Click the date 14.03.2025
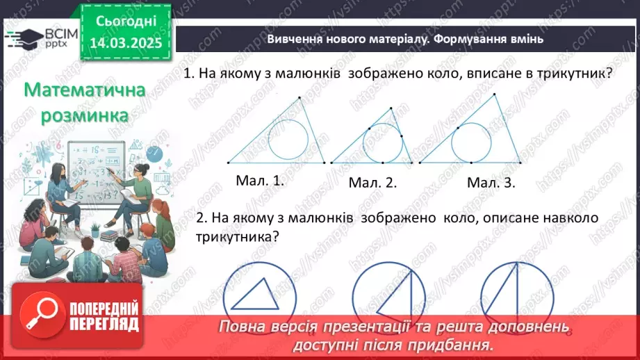pos(126,43)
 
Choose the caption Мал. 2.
pos(372,183)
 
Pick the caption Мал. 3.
pos(491,182)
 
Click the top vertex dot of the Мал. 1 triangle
pos(300,98)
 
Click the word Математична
pos(84,91)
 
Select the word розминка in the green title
pos(84,115)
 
